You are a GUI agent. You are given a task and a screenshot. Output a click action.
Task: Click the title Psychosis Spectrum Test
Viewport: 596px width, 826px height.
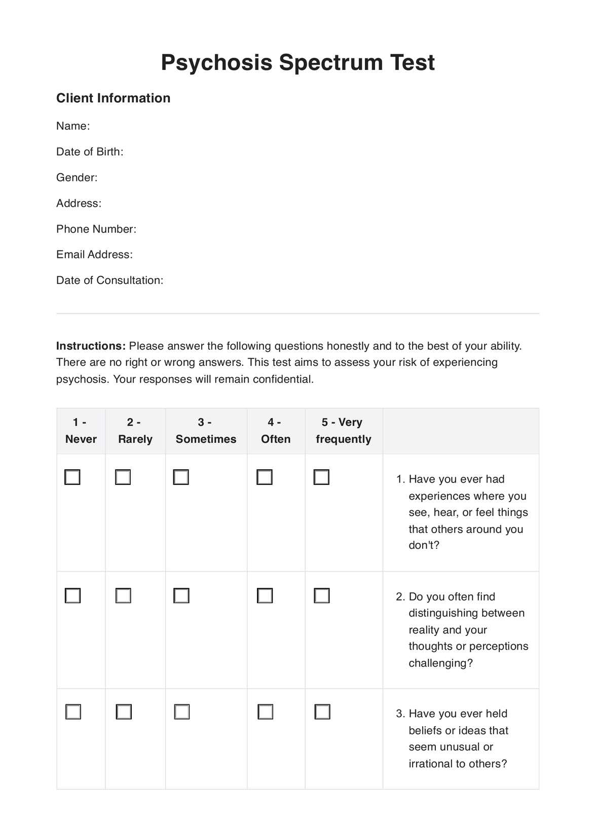click(x=297, y=63)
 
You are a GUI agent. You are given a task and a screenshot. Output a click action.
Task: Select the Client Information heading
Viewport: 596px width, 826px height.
click(x=113, y=98)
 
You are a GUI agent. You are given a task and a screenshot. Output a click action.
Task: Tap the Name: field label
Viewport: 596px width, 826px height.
click(x=73, y=126)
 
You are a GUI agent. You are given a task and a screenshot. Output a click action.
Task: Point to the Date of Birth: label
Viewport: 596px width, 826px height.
click(x=90, y=152)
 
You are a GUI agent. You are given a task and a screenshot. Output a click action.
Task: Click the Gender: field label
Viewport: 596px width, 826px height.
click(x=77, y=178)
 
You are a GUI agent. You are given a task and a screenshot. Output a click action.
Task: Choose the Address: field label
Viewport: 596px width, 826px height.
click(x=79, y=204)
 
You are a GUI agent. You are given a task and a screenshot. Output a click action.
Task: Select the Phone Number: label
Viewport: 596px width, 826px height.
click(x=96, y=229)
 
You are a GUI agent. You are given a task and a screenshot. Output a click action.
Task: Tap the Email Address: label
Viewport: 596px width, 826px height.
click(x=94, y=255)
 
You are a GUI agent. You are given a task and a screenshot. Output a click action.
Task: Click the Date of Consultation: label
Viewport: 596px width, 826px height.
click(x=109, y=281)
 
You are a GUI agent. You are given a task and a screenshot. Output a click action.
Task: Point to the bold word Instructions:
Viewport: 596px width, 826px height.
click(x=91, y=346)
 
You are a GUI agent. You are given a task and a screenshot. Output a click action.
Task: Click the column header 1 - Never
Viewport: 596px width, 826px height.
click(x=81, y=431)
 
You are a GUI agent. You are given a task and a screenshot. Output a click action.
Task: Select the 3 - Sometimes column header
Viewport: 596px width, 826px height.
click(x=206, y=431)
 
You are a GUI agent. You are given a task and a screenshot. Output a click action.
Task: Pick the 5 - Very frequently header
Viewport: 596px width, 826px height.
click(x=343, y=431)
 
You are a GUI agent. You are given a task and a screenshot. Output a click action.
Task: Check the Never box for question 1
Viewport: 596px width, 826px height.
click(x=72, y=477)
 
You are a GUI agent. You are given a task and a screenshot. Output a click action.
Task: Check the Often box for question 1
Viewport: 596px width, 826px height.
click(x=265, y=477)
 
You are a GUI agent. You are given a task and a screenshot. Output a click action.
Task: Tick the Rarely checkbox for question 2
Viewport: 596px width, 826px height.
click(x=123, y=595)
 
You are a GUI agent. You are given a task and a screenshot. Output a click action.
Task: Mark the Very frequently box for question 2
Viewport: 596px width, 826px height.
click(x=322, y=595)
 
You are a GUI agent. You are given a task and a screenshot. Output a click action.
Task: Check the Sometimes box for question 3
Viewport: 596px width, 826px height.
click(x=181, y=712)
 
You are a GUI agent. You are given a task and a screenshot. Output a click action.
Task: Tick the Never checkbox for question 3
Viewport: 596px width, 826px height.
click(x=73, y=712)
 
